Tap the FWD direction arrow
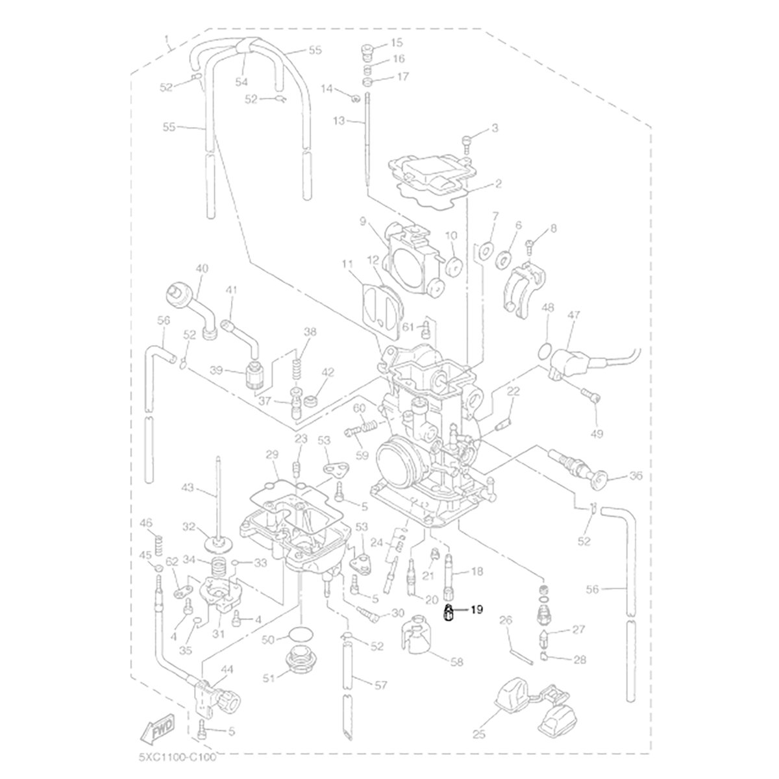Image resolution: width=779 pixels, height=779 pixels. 158,726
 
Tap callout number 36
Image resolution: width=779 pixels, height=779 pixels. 636,476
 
